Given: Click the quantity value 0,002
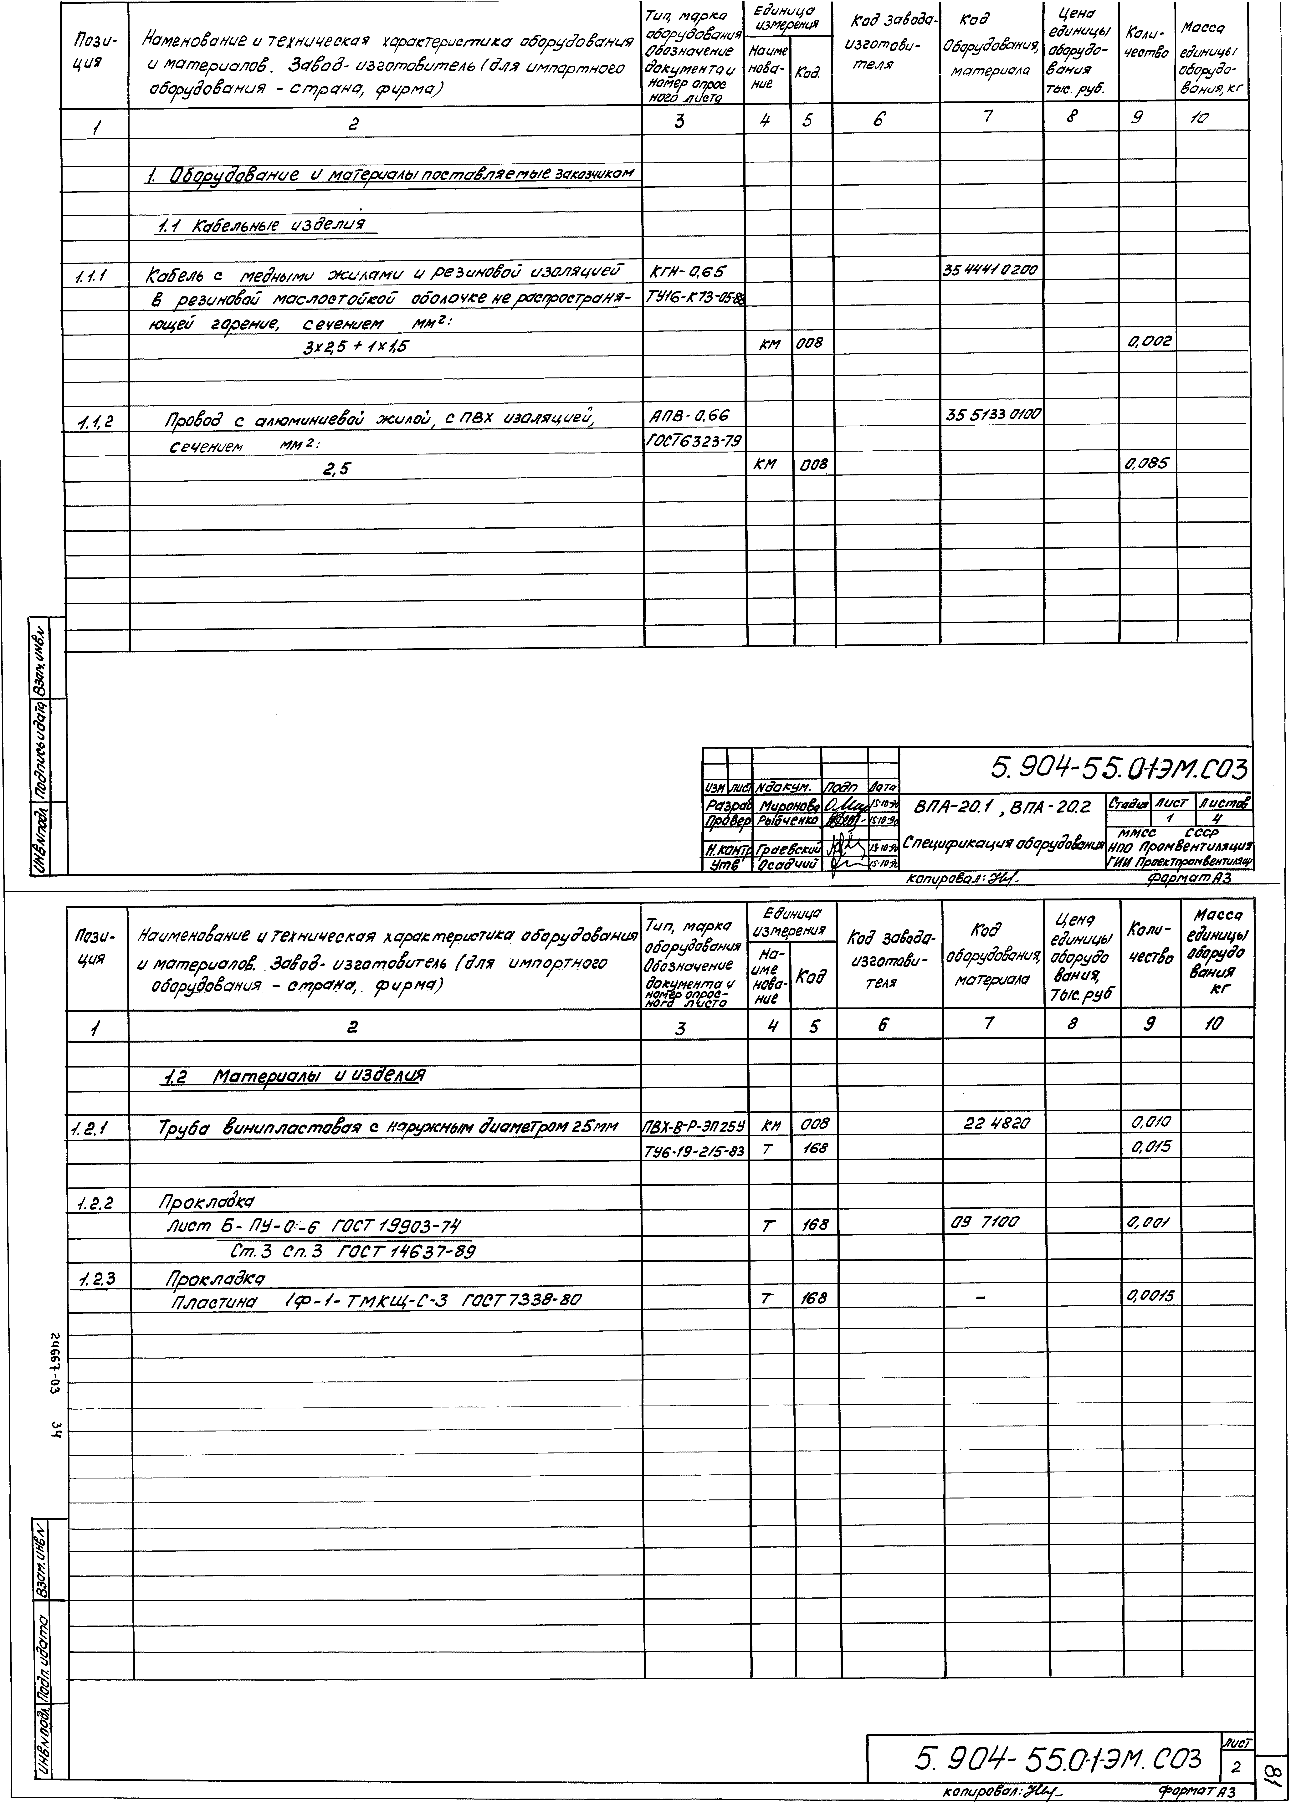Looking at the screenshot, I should click(1149, 343).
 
